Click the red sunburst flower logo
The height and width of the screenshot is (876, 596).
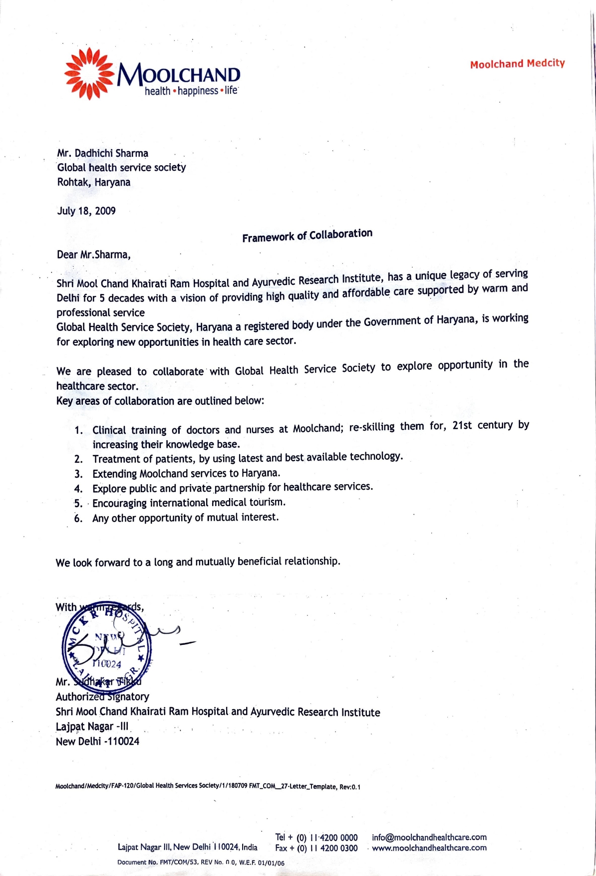pos(89,73)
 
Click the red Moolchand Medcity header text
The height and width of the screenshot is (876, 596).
pos(517,63)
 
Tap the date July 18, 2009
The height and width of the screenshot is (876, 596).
pos(86,211)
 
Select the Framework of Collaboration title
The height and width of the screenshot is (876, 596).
pos(307,235)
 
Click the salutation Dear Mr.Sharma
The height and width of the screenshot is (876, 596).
pos(93,255)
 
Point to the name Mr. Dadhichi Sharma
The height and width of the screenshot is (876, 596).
pos(102,153)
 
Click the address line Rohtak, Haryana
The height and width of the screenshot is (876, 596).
pos(93,182)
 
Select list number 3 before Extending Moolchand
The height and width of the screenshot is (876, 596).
pos(78,474)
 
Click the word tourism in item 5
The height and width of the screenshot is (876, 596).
pos(267,502)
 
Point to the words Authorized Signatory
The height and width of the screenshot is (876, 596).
pos(102,697)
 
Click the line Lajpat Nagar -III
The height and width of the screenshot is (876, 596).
pos(92,726)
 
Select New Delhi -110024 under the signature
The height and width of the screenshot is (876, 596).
pos(97,741)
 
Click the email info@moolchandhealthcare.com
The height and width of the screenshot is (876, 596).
pos(429,837)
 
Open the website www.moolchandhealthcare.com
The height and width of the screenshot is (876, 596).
pos(429,848)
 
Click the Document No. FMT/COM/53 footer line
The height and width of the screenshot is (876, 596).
pos(201,863)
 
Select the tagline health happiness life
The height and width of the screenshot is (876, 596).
pos(191,91)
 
